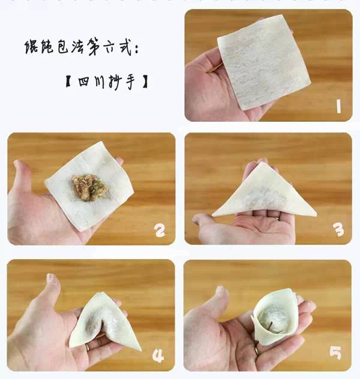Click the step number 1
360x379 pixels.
coord(338,106)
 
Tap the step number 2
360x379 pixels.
coord(160,230)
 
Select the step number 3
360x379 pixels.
coord(338,230)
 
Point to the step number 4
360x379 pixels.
coord(158,356)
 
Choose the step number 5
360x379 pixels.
coord(335,353)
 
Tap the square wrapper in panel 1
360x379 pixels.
coord(263,62)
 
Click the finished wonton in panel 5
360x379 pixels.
coord(274,316)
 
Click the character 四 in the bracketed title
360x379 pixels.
coord(83,82)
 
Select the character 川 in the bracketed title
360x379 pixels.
coord(99,82)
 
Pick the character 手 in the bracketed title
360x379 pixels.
coord(130,82)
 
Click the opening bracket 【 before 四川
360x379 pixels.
coord(68,81)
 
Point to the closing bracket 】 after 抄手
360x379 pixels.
coord(145,82)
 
